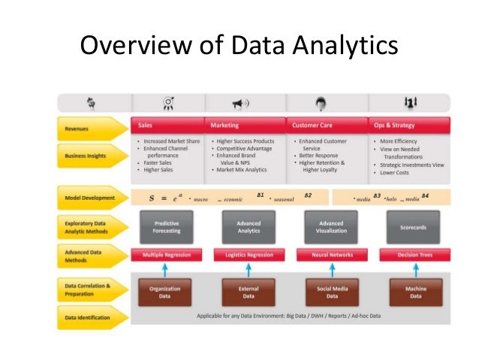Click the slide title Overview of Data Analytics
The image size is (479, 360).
(x=239, y=47)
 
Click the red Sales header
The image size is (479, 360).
(x=167, y=125)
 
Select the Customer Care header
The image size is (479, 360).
(x=327, y=125)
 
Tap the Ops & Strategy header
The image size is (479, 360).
(x=408, y=125)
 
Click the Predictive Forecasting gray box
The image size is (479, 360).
(x=166, y=227)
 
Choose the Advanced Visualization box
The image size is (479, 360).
(x=331, y=227)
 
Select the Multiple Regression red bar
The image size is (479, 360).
(x=166, y=256)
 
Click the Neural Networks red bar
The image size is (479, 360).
(x=331, y=256)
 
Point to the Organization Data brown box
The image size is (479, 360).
(x=166, y=292)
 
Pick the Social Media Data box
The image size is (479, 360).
(x=331, y=292)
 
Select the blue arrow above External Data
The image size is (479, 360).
(x=249, y=270)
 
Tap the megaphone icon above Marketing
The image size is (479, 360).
(x=240, y=103)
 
